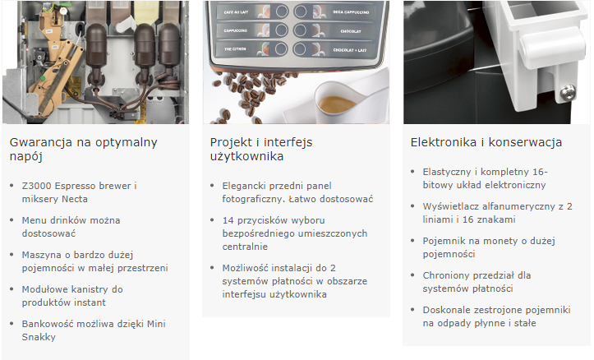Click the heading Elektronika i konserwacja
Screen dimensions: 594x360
point(486,142)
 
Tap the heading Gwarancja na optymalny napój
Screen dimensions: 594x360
point(83,150)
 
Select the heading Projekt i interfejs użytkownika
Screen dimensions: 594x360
point(261,150)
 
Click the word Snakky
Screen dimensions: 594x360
point(39,337)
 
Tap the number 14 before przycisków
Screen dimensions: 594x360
point(228,220)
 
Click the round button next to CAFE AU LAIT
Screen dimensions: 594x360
point(281,12)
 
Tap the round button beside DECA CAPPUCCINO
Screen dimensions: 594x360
point(301,12)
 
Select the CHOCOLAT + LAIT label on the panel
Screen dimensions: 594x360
point(350,50)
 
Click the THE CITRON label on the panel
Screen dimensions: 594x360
point(235,48)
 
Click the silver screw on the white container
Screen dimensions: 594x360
point(568,93)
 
